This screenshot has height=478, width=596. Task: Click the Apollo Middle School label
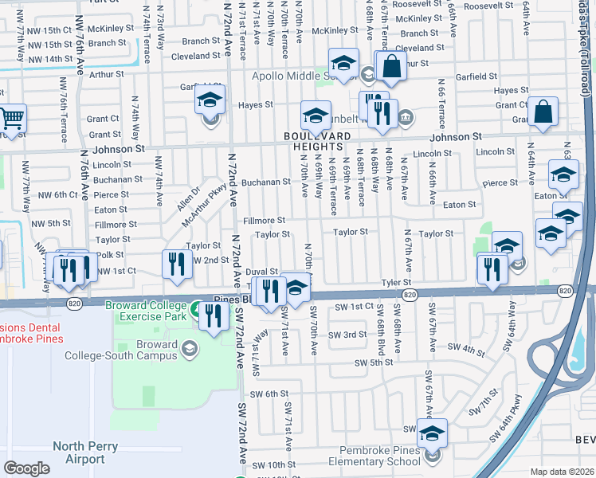pos(290,76)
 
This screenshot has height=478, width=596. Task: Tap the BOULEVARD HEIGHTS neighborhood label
pos(316,141)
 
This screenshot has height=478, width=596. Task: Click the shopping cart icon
pos(12,119)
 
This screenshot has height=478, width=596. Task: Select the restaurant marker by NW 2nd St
pos(176,264)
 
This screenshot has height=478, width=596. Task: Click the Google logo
pos(26,468)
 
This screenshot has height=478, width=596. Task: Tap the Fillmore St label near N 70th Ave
pos(264,220)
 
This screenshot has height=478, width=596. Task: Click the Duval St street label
pos(262,272)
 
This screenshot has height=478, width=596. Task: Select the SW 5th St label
pos(374,362)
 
